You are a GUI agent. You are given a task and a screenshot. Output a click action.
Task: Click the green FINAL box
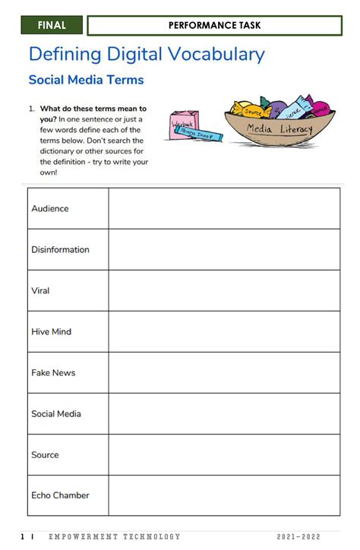tap(52, 25)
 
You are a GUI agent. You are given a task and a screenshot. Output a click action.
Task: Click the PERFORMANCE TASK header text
tap(214, 25)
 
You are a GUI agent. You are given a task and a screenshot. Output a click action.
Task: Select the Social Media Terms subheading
tap(86, 80)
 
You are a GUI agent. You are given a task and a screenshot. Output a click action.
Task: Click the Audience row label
tap(50, 208)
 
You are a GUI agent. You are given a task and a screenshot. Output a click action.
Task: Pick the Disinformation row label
tap(60, 249)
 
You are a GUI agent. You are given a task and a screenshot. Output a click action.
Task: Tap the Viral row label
tap(40, 290)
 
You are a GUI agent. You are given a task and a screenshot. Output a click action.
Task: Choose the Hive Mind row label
tap(51, 331)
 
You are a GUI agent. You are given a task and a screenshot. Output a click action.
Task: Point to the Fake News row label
tap(53, 372)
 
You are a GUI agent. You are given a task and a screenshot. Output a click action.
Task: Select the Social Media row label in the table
tap(56, 413)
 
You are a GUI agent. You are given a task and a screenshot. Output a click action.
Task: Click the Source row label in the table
tap(45, 454)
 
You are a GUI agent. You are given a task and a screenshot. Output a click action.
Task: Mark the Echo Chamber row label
tap(60, 495)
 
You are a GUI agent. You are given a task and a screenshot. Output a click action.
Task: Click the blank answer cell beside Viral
tap(224, 290)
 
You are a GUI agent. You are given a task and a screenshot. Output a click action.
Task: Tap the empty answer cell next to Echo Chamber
tap(224, 495)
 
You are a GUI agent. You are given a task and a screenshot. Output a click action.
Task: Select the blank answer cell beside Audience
tap(224, 208)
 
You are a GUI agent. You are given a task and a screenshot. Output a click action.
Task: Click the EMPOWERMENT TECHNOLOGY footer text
tap(115, 537)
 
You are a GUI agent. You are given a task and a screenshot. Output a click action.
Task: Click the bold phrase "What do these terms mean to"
tap(93, 109)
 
